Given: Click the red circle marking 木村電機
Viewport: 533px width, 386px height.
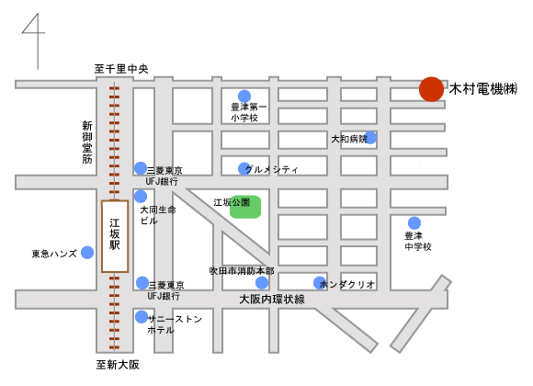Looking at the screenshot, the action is tap(431, 89).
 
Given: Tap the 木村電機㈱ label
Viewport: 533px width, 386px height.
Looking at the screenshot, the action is tap(483, 89).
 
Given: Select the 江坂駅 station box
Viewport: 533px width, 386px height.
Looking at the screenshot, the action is tap(115, 236).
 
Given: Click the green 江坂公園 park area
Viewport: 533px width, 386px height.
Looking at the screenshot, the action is tap(245, 207).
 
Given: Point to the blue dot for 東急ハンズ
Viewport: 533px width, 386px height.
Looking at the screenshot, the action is tap(87, 253).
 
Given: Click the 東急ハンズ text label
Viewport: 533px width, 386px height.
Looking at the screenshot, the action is tap(54, 254).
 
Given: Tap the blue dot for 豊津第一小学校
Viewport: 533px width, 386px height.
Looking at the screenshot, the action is tap(244, 96).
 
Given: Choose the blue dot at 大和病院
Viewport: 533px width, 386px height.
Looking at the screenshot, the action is tap(370, 138).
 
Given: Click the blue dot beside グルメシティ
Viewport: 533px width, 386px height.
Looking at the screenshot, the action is tap(244, 169).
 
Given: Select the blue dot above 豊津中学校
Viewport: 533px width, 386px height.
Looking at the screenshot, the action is tap(414, 223).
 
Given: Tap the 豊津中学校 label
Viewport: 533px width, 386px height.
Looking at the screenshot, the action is tap(418, 241).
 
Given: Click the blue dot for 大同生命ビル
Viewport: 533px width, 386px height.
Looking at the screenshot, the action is tap(141, 197).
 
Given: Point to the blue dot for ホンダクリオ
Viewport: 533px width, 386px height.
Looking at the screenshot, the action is tap(320, 283).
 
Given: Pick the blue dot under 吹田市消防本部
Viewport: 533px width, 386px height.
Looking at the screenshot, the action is tap(262, 283).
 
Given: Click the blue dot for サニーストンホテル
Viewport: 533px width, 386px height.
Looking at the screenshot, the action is tap(142, 317).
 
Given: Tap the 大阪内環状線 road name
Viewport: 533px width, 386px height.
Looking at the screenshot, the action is tap(272, 300).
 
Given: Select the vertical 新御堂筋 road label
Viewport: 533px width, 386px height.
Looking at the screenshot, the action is tap(87, 142).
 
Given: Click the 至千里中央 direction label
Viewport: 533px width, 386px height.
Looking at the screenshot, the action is tap(121, 69).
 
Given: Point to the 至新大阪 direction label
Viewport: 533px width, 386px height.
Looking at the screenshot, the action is tap(118, 365).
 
